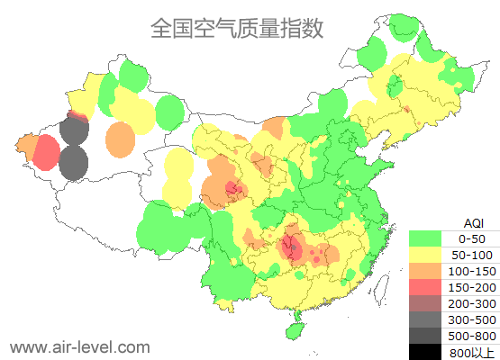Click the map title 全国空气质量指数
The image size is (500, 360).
coord(237,28)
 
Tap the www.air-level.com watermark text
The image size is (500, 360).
coord(79,346)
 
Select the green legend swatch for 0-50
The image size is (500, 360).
coord(425,238)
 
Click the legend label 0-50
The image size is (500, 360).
coord(471,238)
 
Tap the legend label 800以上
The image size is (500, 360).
coord(471,352)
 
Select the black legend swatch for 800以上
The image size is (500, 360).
coord(425,352)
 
